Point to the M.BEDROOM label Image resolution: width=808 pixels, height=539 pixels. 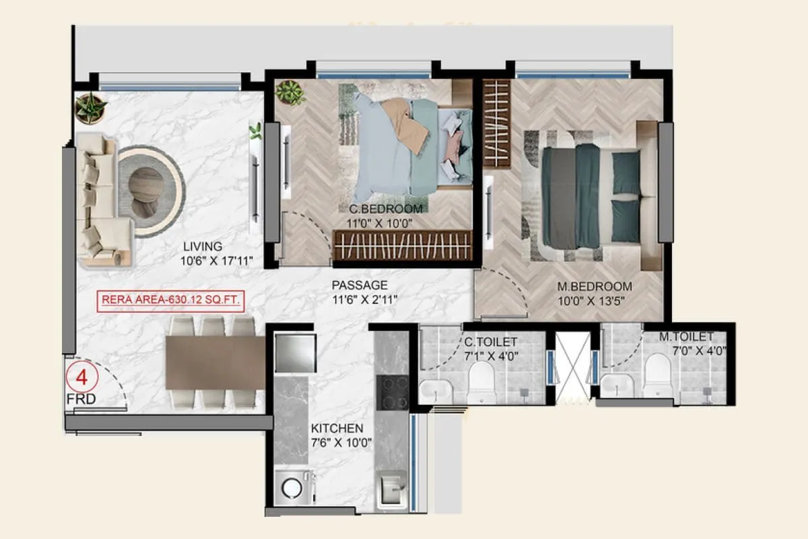(x=594, y=286)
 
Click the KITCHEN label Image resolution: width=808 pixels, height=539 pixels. (x=337, y=429)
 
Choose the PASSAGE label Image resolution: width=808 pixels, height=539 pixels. (x=360, y=285)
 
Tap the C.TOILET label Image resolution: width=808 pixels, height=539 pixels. (x=491, y=343)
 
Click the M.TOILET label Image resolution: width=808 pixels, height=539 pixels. (x=686, y=336)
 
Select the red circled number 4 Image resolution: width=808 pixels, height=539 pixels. (x=82, y=377)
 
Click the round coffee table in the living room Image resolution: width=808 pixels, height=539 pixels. (x=145, y=192)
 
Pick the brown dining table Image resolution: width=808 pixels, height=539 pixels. (x=215, y=362)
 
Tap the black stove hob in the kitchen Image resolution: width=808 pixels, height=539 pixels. (x=392, y=393)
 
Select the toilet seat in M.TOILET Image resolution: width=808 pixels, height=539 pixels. (x=657, y=375)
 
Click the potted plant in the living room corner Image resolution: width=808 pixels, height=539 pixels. (x=90, y=108)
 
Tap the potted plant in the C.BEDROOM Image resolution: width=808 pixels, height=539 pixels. (x=291, y=92)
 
